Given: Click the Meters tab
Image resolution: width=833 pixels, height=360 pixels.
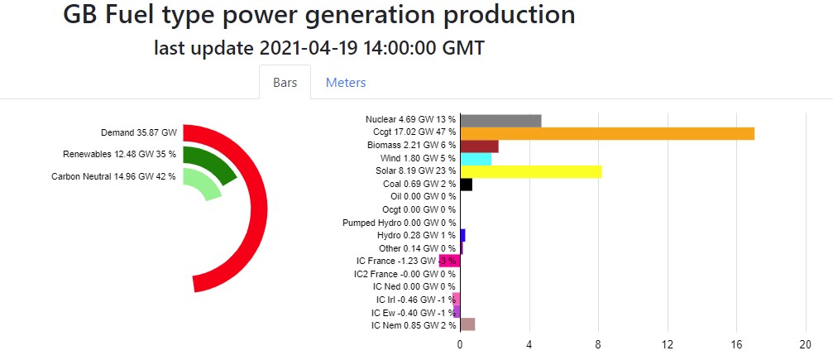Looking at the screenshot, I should click(x=346, y=83).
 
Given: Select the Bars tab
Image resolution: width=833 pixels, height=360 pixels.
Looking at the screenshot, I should click(x=285, y=83).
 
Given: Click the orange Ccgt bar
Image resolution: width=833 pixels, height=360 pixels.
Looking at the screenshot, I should click(x=607, y=133).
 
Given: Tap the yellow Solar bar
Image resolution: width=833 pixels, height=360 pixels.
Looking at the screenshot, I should click(x=531, y=171).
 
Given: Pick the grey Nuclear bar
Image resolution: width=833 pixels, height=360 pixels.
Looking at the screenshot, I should click(x=500, y=121).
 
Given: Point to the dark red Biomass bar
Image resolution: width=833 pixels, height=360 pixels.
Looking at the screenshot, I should click(x=479, y=146).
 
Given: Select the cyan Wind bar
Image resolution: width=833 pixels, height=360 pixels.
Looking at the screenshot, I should click(x=476, y=159).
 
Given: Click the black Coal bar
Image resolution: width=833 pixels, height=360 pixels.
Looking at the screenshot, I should click(x=466, y=185).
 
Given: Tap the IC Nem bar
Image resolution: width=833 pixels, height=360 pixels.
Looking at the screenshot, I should click(x=467, y=324).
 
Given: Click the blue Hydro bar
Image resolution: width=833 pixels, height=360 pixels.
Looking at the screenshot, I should click(x=462, y=235).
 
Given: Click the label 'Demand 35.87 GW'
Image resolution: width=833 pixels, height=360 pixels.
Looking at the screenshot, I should click(x=139, y=132).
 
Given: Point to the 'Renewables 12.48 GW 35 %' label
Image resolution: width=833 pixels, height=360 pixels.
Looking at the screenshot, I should click(x=119, y=155).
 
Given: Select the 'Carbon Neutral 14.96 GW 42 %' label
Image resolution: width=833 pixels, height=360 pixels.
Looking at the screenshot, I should click(x=113, y=176).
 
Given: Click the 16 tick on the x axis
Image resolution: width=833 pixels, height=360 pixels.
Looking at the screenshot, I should click(x=736, y=344).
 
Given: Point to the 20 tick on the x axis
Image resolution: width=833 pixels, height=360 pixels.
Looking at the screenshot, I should click(x=805, y=344).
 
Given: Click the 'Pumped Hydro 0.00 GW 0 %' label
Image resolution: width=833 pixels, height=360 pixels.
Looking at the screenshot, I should click(x=399, y=223).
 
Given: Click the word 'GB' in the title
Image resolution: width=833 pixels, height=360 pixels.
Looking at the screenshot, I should click(x=82, y=15).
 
